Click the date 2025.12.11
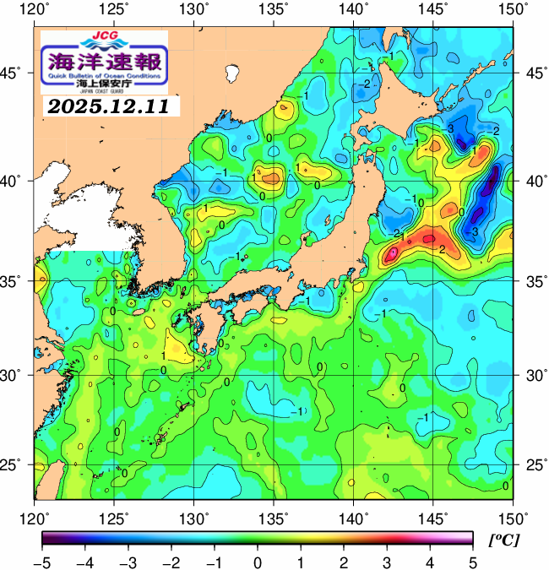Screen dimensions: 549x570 tap(106, 106)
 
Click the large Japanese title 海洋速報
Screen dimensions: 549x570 tap(104, 62)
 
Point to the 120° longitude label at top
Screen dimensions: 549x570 tap(35, 9)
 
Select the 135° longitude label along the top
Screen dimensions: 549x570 tap(274, 9)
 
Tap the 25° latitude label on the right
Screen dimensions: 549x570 tap(534, 465)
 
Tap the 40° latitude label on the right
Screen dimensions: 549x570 tap(534, 181)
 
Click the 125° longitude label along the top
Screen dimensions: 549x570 tap(114, 9)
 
